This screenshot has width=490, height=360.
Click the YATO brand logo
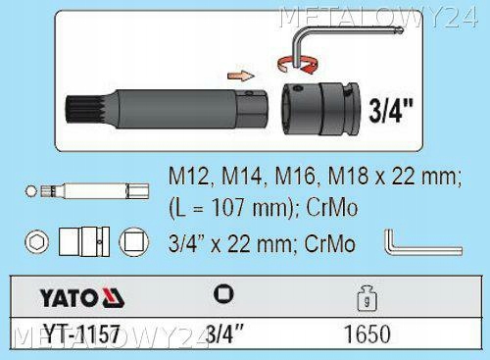point(82,297)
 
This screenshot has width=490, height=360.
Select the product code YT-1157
point(82,334)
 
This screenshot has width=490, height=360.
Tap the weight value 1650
point(367,334)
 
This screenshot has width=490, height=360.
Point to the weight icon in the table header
point(367,298)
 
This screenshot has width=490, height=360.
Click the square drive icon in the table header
point(223,293)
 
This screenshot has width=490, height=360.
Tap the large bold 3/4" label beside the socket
point(391,111)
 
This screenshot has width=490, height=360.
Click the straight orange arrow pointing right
point(240,76)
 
